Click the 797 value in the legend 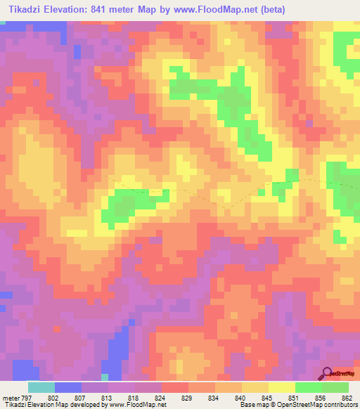[26, 398]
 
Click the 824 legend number [161, 398]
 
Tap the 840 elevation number [241, 398]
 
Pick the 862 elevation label [347, 398]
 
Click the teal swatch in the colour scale [41, 387]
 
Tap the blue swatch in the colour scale [67, 387]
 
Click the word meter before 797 [8, 398]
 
